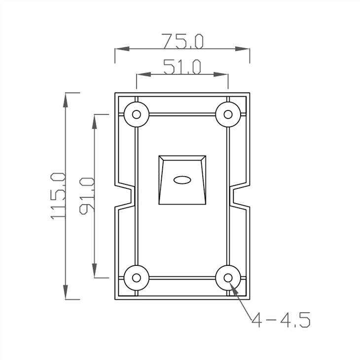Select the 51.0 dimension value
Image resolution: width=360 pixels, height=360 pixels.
[182, 67]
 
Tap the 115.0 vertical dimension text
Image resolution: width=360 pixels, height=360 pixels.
[58, 196]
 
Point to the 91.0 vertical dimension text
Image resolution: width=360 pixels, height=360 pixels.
[87, 196]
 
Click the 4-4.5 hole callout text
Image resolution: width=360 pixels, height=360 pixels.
[281, 321]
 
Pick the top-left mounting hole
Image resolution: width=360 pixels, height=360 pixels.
[137, 114]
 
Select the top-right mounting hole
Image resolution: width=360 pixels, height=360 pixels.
[228, 114]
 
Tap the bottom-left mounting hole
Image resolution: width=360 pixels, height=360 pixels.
[137, 278]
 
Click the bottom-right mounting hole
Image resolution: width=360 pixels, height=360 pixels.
[228, 278]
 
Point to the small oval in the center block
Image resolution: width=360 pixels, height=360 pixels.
[182, 180]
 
